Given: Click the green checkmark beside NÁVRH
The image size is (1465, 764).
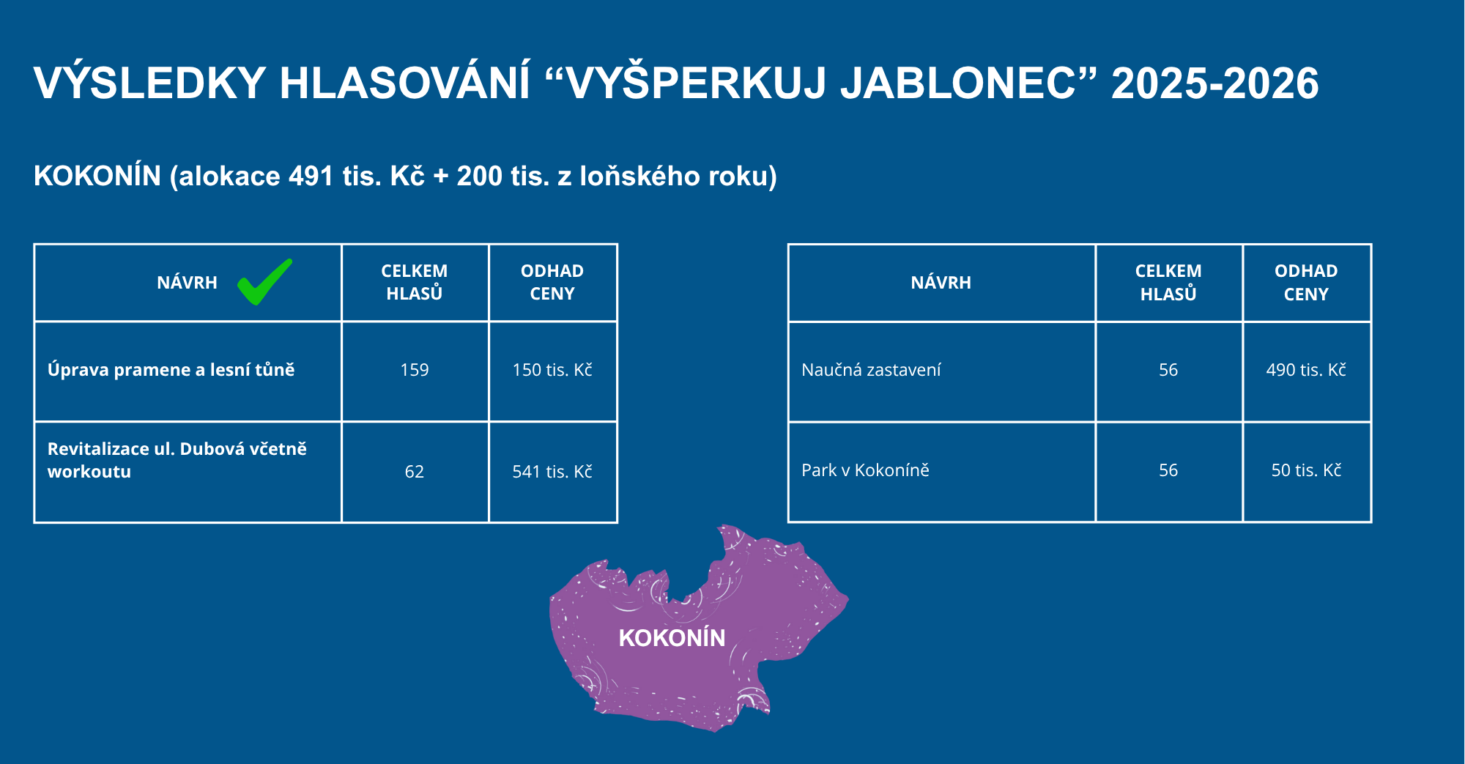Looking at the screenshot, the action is pos(264,283).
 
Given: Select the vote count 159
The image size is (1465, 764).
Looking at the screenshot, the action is pos(415,370).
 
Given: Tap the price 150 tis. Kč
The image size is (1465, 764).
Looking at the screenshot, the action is pos(552,370).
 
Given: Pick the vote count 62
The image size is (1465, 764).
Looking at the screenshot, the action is pos(415,472).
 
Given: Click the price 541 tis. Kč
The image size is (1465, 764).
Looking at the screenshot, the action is pos(552,472).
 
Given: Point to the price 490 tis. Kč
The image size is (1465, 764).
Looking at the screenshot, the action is pos(1306,370).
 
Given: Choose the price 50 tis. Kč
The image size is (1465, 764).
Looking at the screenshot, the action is pos(1306,470).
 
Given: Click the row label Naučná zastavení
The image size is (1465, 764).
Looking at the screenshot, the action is pos(871,370).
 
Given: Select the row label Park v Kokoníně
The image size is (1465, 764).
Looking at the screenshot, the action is pos(865,470).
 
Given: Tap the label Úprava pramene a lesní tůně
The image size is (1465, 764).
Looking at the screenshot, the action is pos(171,369).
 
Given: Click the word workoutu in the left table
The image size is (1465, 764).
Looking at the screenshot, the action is pos(89,472).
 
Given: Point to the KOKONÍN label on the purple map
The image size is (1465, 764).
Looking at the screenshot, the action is pos(672,638).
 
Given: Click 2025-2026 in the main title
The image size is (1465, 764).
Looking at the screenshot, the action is pos(1215,83).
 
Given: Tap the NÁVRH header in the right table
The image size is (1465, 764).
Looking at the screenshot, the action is pos(941,283).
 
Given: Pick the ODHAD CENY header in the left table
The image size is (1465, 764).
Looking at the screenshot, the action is pos(552,283).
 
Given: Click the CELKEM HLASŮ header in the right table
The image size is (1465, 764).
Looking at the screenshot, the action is pos(1168,283).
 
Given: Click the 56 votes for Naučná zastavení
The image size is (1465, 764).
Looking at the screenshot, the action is pos(1168,370).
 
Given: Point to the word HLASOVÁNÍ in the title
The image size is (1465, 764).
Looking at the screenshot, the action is pos(404,83).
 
